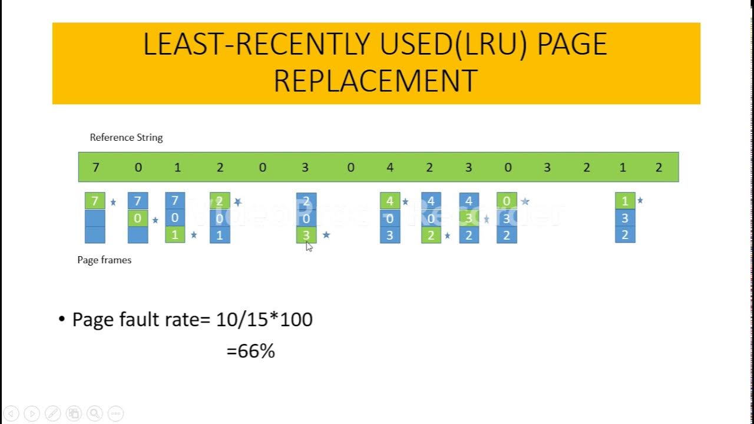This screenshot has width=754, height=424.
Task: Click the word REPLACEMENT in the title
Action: click(x=375, y=81)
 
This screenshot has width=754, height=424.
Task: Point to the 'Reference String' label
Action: click(x=126, y=137)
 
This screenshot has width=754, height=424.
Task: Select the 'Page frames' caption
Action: click(x=104, y=260)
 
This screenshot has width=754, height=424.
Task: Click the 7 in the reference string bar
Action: click(x=96, y=168)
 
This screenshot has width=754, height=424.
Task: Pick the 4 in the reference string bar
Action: click(x=390, y=168)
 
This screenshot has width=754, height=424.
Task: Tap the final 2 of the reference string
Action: click(x=659, y=168)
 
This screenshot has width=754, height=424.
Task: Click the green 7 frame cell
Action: click(x=95, y=201)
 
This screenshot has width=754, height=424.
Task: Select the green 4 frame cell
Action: click(x=390, y=201)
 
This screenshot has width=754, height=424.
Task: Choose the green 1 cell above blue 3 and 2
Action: click(x=625, y=201)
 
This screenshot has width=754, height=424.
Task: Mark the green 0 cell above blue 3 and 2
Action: click(x=507, y=201)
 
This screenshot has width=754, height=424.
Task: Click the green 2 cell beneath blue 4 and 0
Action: click(x=431, y=235)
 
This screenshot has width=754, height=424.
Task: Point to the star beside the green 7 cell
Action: click(x=113, y=202)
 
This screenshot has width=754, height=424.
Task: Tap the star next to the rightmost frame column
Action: click(x=640, y=201)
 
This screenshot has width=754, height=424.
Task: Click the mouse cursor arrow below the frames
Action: click(x=309, y=246)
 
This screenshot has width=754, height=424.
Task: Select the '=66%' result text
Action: click(x=251, y=352)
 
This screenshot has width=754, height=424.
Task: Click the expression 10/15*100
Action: click(x=264, y=320)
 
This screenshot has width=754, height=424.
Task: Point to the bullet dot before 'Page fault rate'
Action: click(x=62, y=320)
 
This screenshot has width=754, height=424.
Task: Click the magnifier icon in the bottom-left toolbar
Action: click(x=95, y=413)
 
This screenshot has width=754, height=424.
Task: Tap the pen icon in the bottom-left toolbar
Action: click(x=52, y=413)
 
